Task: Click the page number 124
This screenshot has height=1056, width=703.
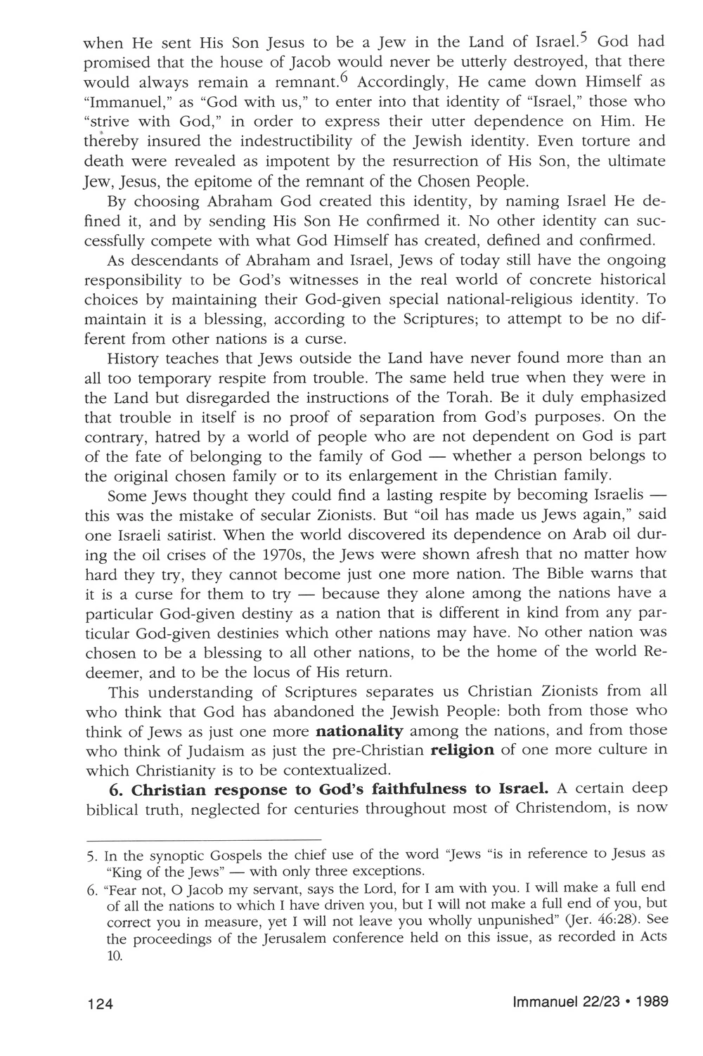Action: tap(100, 1003)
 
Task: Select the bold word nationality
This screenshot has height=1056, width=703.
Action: tap(360, 730)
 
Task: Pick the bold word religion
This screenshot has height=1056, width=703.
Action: tap(462, 749)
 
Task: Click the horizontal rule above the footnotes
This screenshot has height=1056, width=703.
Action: tap(203, 839)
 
